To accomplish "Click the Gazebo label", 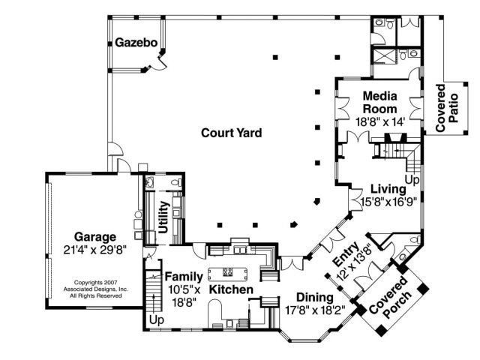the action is pyautogui.click(x=136, y=43).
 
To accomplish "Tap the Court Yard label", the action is pyautogui.click(x=232, y=133).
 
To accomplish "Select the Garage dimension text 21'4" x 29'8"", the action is pyautogui.click(x=95, y=250).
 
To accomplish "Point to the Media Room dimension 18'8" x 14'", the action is pyautogui.click(x=380, y=121).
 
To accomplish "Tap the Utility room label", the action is pyautogui.click(x=163, y=217).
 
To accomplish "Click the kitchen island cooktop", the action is pyautogui.click(x=227, y=271).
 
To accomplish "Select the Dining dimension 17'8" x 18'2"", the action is pyautogui.click(x=315, y=310).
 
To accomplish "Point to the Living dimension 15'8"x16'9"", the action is pyautogui.click(x=388, y=202).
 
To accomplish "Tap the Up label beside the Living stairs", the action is pyautogui.click(x=412, y=180).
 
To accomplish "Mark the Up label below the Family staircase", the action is pyautogui.click(x=157, y=320).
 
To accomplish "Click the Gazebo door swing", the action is pyautogui.click(x=160, y=64).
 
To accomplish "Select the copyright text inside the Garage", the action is pyautogui.click(x=95, y=289).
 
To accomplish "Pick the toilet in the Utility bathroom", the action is pyautogui.click(x=175, y=183).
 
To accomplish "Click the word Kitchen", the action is pyautogui.click(x=231, y=289).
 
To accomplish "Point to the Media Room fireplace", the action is pyautogui.click(x=395, y=137).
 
